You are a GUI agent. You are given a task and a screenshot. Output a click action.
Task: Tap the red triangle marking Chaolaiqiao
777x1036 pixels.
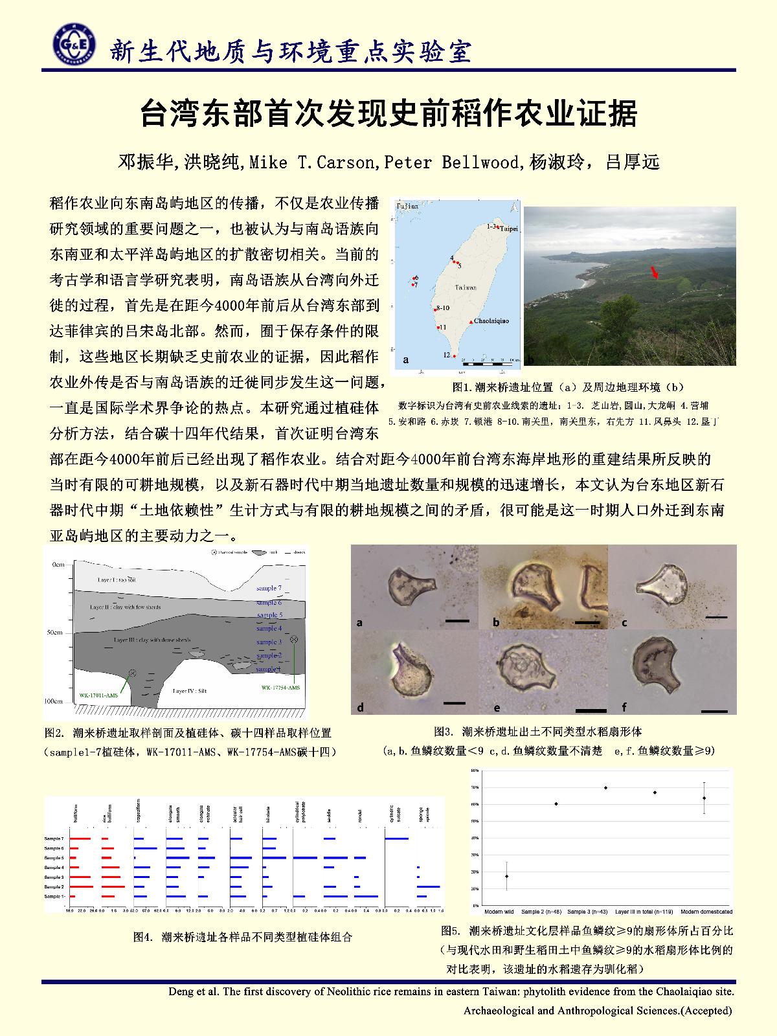471,321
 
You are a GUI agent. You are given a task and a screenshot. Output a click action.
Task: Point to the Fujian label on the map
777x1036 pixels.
408,206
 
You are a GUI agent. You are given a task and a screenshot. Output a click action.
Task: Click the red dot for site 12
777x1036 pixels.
454,356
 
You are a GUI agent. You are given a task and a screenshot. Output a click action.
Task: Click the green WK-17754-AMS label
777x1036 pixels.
280,687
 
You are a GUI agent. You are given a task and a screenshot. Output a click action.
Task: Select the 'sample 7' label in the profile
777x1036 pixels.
269,588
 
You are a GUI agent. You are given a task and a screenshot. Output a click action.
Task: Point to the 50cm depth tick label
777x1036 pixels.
54,632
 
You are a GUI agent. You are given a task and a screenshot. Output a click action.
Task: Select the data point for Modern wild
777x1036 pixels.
506,876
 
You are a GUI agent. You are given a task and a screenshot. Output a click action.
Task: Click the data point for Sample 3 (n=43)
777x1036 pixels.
605,787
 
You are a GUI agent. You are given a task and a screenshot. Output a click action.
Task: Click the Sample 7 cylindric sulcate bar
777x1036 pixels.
396,839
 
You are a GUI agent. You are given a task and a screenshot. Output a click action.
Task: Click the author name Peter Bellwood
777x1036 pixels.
452,163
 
